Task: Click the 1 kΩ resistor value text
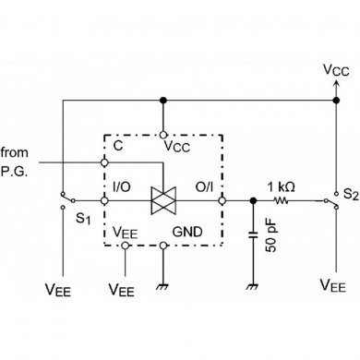281,186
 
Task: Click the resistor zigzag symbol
281,199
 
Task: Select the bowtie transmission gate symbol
162,199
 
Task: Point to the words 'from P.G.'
19,158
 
